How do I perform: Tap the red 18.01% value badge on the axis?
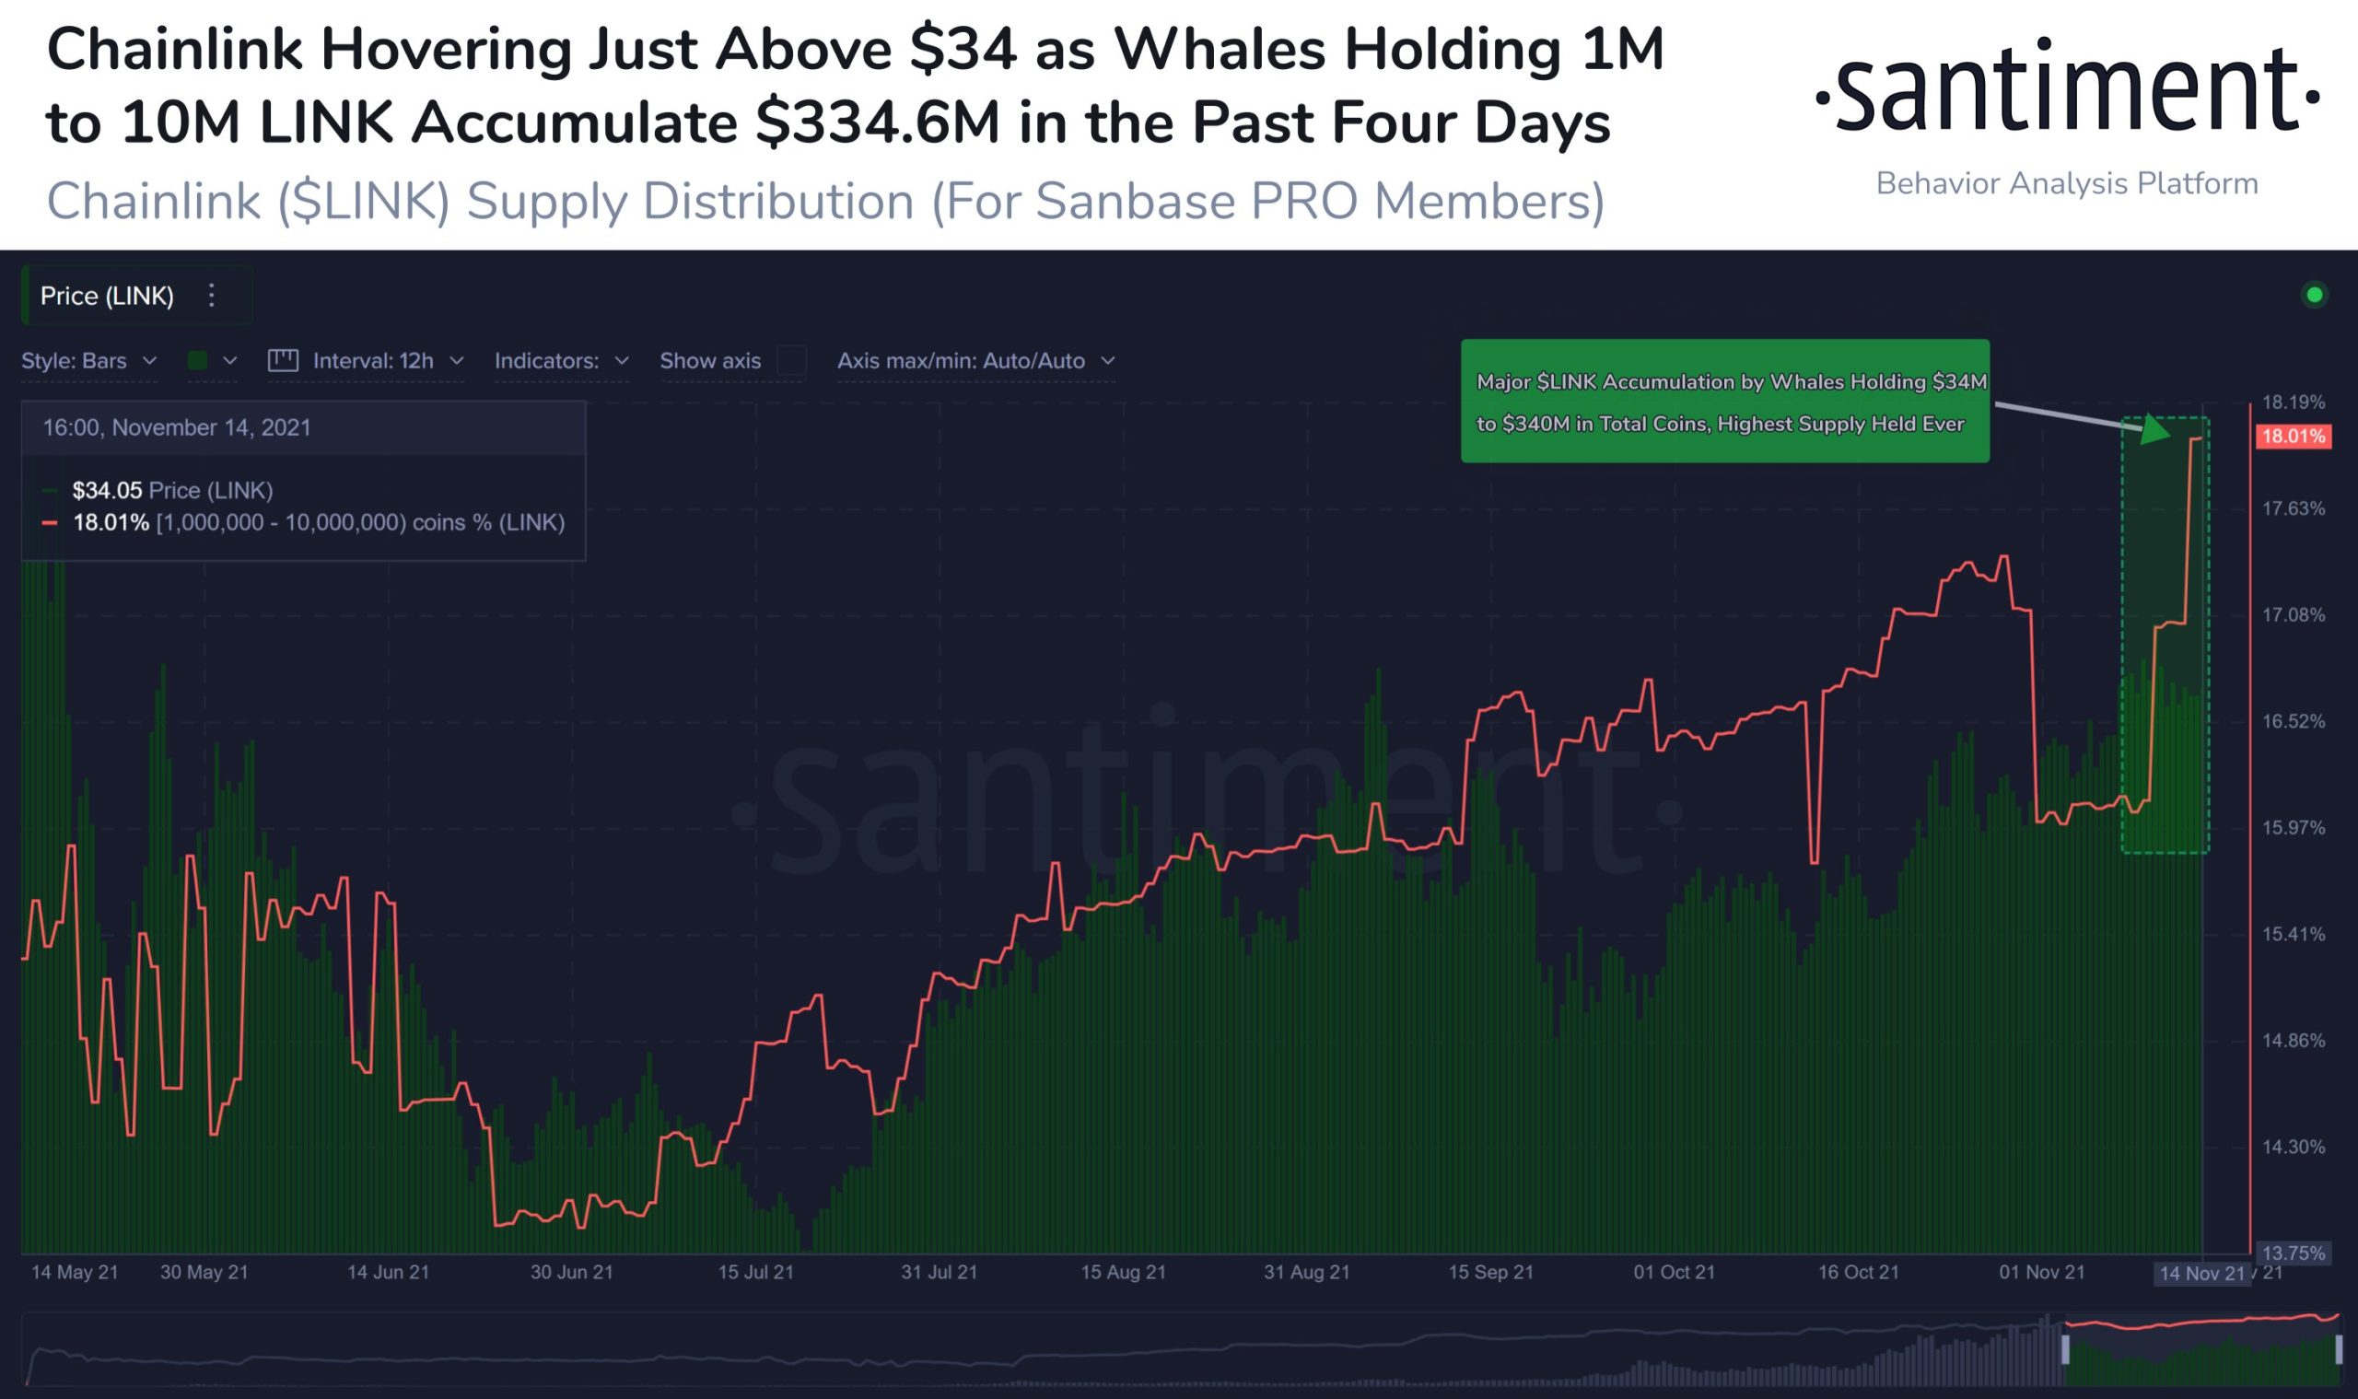[2293, 437]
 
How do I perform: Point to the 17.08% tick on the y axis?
[2293, 614]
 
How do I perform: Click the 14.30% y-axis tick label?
[2293, 1148]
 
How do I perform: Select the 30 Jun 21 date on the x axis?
[571, 1272]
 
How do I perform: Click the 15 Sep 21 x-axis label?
[1490, 1272]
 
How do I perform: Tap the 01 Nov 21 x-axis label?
[2041, 1272]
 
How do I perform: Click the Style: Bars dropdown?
[88, 361]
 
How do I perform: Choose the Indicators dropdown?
[561, 361]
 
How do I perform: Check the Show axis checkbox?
[792, 361]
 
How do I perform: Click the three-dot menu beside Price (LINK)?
[212, 296]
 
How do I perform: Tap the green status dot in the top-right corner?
[2314, 295]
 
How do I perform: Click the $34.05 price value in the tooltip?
[107, 490]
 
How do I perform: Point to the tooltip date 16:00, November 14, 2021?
[176, 428]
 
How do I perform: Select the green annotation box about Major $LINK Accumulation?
[1724, 402]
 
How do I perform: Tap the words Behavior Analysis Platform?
[2067, 183]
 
